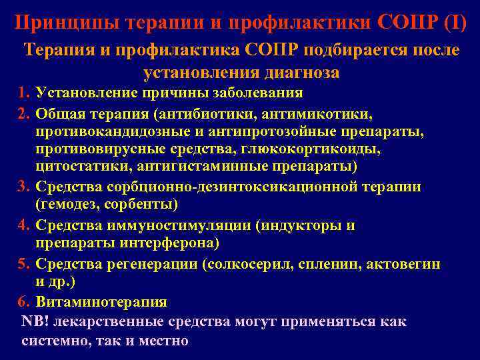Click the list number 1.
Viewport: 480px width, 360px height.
click(25, 92)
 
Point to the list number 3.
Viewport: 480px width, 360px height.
click(25, 187)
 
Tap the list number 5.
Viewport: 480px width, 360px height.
click(25, 264)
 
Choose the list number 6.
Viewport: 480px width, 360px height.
click(25, 302)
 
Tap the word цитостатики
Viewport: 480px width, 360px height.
click(77, 166)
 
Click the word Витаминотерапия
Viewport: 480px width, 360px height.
click(101, 302)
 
